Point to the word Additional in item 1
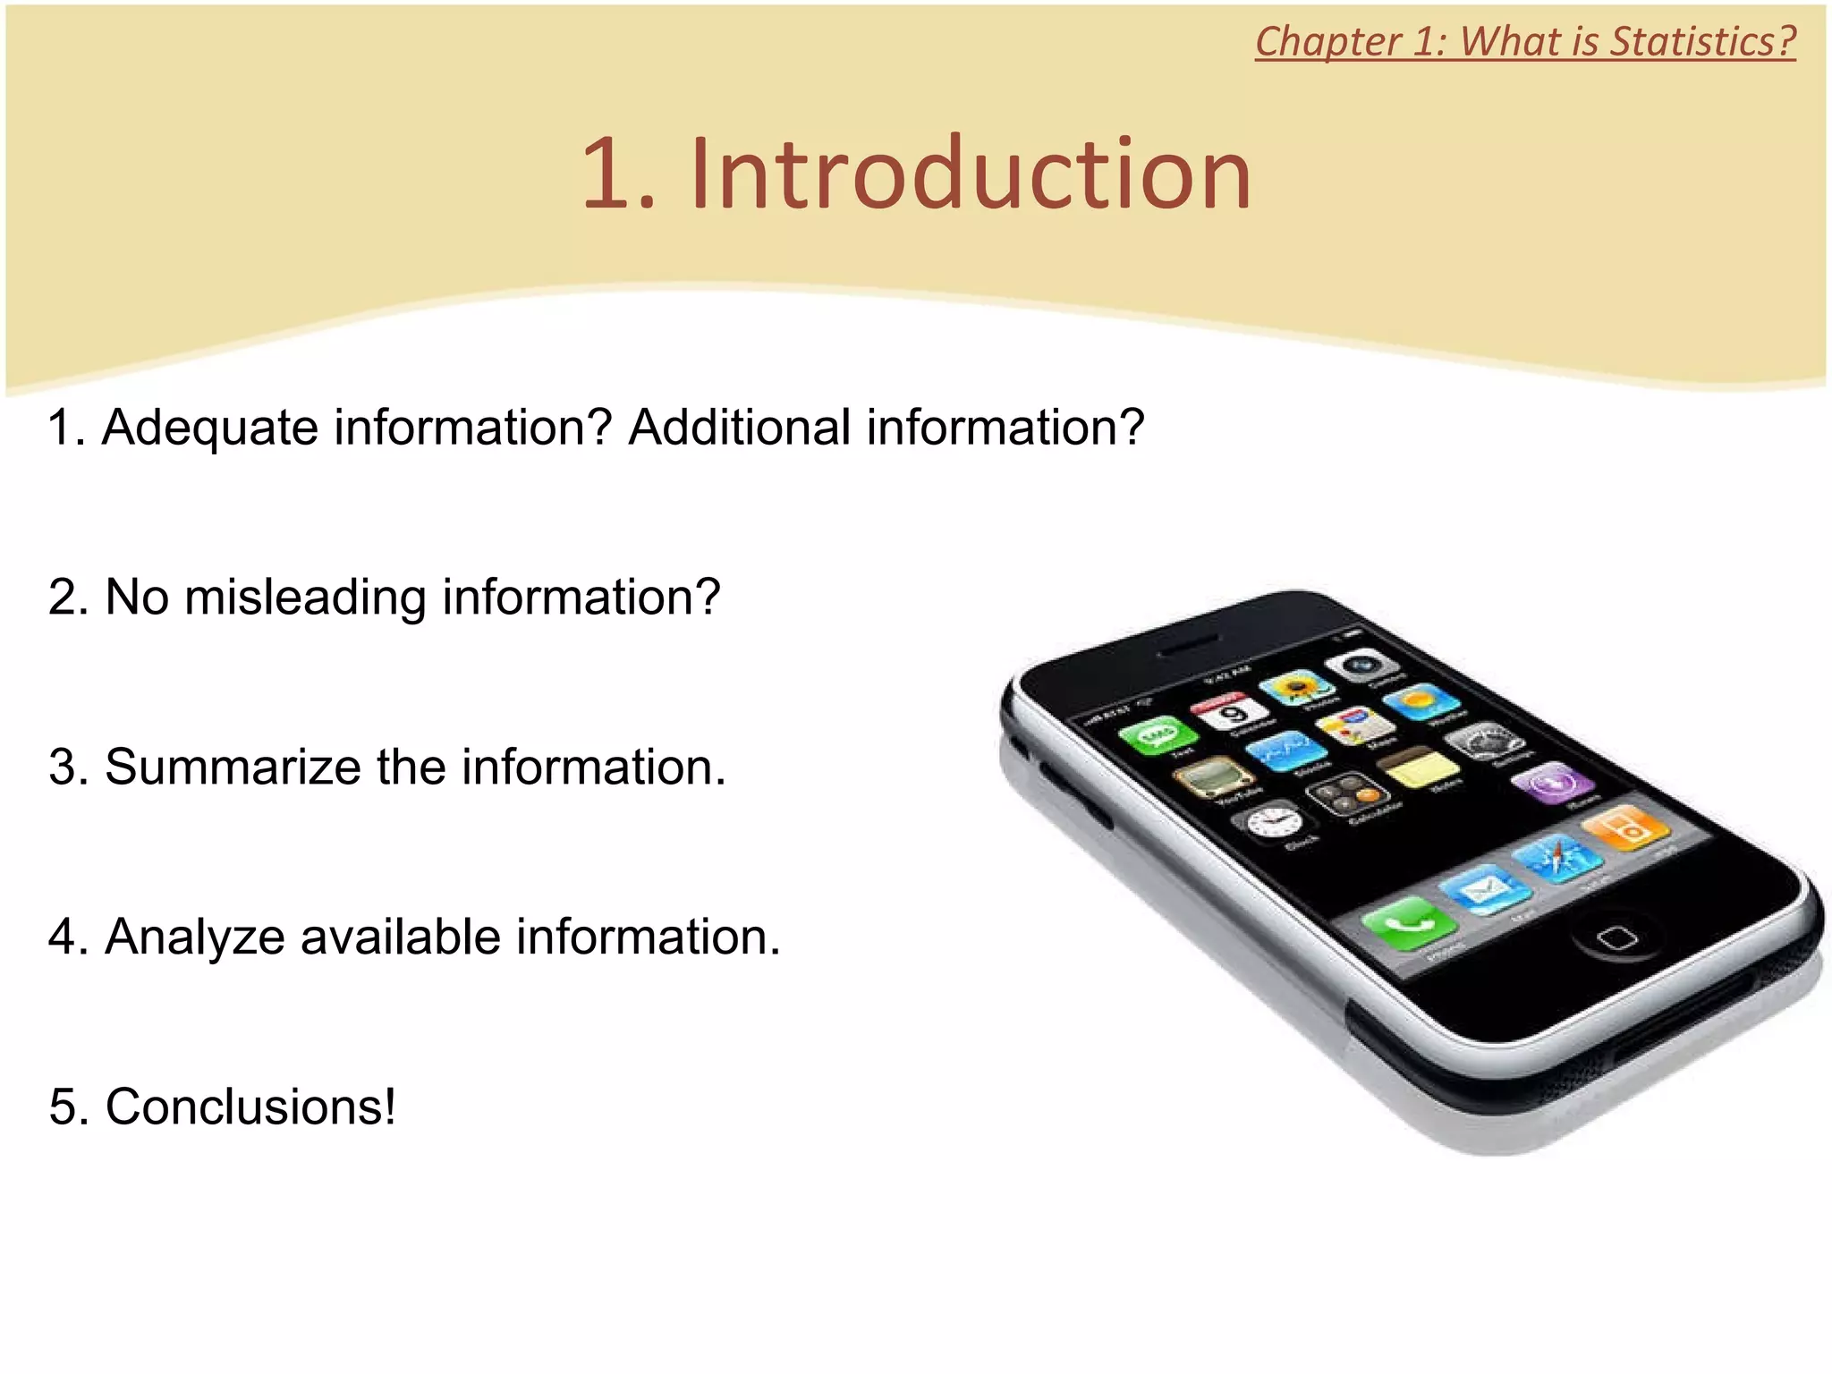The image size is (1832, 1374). [739, 428]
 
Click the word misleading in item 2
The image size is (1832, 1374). [305, 598]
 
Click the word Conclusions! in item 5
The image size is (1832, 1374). [250, 1107]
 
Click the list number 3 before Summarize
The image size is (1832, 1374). [64, 768]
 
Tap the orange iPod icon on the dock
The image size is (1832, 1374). [1626, 827]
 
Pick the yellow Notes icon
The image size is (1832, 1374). [1418, 768]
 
